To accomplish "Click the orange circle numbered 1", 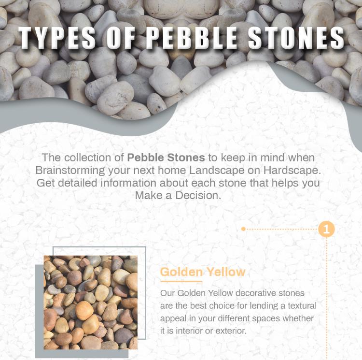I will tap(327, 229).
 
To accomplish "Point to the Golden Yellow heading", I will tap(203, 272).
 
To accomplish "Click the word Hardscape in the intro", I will tap(293, 171).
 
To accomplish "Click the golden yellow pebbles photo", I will tap(90, 302).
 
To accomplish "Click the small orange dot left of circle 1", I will tap(244, 229).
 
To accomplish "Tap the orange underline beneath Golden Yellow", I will tap(181, 281).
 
